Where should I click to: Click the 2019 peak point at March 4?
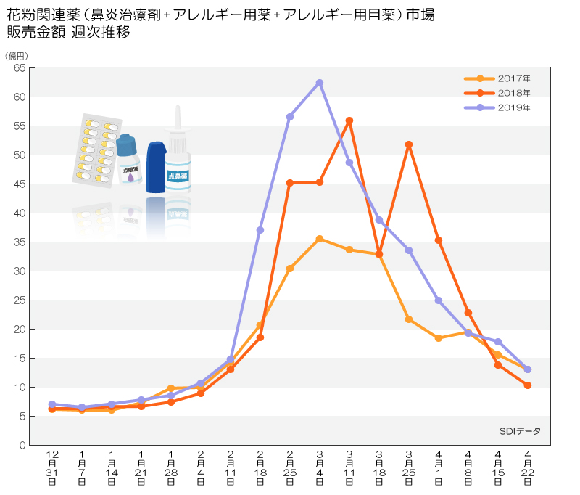[x=320, y=83]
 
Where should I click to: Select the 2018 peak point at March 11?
[x=349, y=120]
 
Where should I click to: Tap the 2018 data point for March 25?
[x=409, y=144]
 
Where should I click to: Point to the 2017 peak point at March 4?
[x=320, y=240]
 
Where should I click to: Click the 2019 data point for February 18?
[x=260, y=230]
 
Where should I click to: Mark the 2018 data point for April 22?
[x=528, y=385]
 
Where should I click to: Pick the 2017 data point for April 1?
[x=439, y=338]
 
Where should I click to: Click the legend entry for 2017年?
[x=497, y=78]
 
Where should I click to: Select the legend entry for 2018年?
[x=497, y=93]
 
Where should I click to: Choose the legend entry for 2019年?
[x=497, y=107]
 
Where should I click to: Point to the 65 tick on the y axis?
[x=20, y=68]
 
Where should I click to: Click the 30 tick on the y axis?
[x=20, y=271]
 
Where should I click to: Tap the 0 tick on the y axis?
[x=22, y=445]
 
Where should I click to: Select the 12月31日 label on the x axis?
[x=52, y=468]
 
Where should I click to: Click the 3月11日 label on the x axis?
[x=349, y=468]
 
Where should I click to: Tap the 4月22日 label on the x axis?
[x=528, y=468]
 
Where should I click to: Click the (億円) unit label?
[x=16, y=56]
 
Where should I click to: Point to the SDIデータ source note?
[x=520, y=431]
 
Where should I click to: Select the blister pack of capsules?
[x=97, y=151]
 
